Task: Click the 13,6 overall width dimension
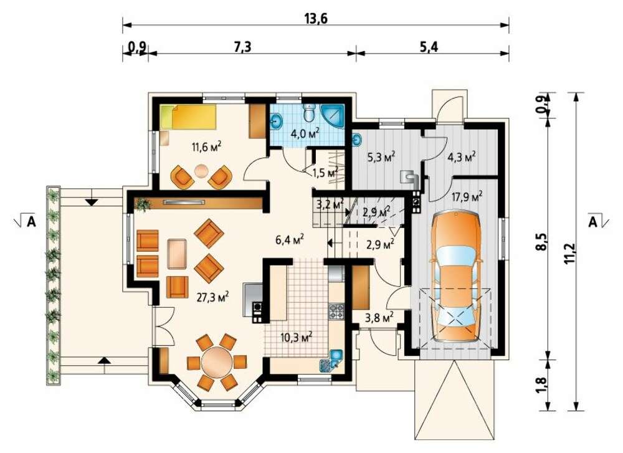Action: (316, 19)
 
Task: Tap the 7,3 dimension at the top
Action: (242, 47)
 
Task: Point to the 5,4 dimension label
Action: (429, 47)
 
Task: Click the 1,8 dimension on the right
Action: (542, 384)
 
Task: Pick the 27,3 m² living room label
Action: (212, 297)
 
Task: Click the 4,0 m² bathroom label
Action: (305, 133)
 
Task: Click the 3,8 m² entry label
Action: (379, 317)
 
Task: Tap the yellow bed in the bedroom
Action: (188, 117)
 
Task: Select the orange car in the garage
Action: (455, 276)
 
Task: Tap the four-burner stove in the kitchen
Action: (336, 311)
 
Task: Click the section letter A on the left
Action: (31, 222)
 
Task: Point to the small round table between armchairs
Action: (201, 171)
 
